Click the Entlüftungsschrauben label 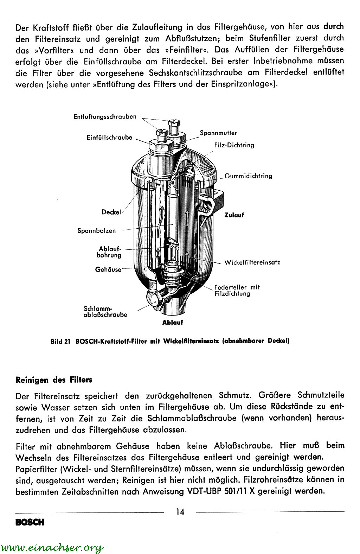[105, 117]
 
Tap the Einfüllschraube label [109, 138]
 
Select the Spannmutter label [218, 133]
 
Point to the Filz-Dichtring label [234, 145]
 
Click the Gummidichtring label [248, 176]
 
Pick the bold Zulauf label [234, 215]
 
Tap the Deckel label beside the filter [111, 212]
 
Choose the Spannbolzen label [96, 231]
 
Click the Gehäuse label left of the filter [108, 269]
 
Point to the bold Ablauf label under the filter [172, 322]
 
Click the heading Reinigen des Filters [54, 380]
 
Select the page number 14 [180, 512]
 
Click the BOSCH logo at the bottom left [30, 522]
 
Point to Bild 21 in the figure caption [61, 341]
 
